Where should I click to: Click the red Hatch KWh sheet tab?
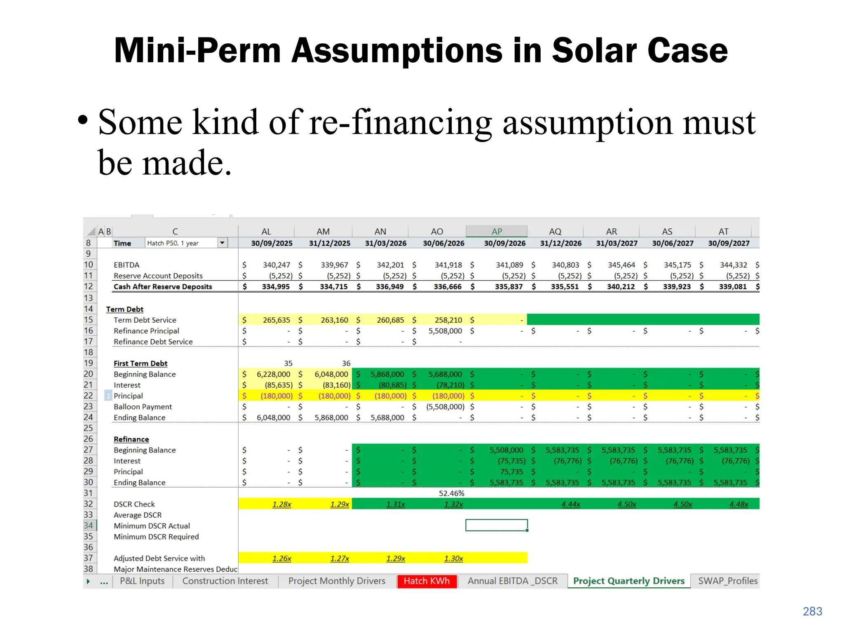point(427,581)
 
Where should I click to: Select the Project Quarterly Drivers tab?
point(628,581)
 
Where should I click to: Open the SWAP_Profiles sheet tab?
point(727,581)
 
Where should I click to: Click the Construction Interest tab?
point(225,581)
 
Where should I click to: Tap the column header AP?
point(497,232)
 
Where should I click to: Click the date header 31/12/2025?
point(330,244)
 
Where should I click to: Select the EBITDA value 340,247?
point(277,265)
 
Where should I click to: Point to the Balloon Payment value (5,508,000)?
point(445,407)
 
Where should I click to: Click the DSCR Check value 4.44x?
point(570,504)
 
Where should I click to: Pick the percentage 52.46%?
point(451,493)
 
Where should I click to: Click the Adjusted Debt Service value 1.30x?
point(453,558)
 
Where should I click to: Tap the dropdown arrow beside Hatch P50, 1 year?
point(222,243)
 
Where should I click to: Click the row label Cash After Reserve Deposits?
point(163,287)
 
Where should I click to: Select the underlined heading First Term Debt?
point(141,363)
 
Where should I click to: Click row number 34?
point(89,526)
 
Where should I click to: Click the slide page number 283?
point(812,612)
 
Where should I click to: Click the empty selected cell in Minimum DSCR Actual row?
point(496,525)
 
